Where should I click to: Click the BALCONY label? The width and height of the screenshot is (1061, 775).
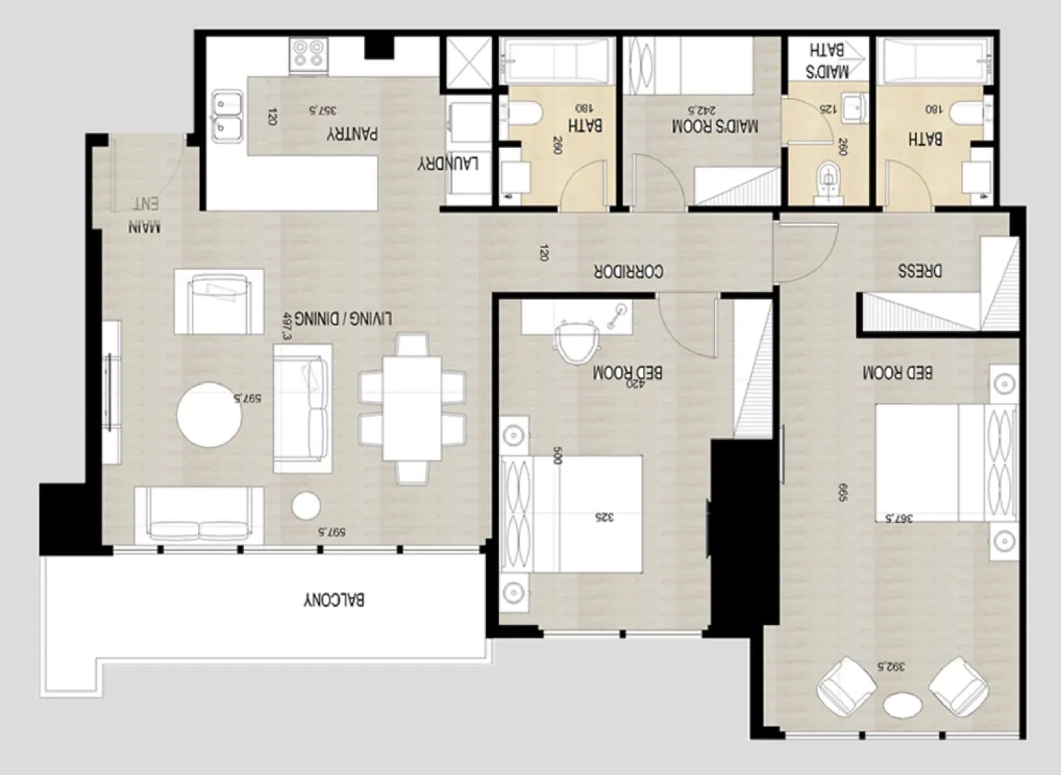coord(334,600)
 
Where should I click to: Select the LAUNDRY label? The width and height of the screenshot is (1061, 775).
coord(448,163)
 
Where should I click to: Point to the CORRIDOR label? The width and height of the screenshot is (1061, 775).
coord(628,271)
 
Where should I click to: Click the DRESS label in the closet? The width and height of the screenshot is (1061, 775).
coord(920,271)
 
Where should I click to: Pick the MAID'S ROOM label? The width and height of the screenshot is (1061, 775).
coord(715,127)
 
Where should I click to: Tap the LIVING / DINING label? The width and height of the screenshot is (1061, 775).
coord(343,318)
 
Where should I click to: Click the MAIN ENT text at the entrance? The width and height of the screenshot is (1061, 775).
coord(145,216)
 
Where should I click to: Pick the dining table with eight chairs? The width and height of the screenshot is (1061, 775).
coord(412,408)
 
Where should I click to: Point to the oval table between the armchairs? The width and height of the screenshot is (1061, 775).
coord(903,705)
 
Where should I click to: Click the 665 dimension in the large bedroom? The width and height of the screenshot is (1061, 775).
coord(842,492)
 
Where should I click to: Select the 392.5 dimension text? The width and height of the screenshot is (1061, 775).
coord(890,666)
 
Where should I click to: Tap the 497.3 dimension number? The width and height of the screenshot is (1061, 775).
coord(286,327)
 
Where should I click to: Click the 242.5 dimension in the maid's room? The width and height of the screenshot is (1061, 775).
coord(701,111)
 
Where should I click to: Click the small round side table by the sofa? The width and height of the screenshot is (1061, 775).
coord(306,505)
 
